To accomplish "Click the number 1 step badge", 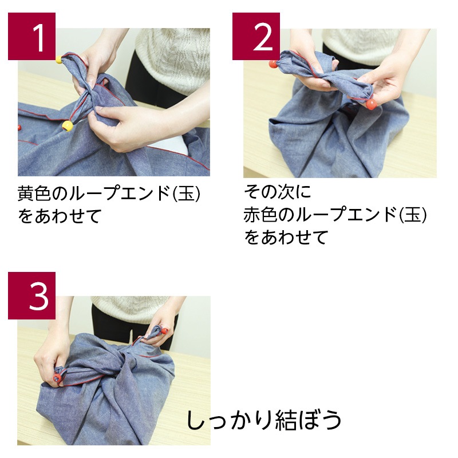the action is pyautogui.click(x=31, y=36).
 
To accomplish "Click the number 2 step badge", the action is pyautogui.click(x=256, y=36).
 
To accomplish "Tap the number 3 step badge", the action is pyautogui.click(x=31, y=295).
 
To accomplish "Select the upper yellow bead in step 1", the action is pyautogui.click(x=59, y=60).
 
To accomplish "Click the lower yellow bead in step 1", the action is pyautogui.click(x=68, y=126).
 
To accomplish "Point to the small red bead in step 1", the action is pyautogui.click(x=19, y=128).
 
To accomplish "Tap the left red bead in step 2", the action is pyautogui.click(x=273, y=64).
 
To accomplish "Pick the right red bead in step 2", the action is pyautogui.click(x=371, y=104).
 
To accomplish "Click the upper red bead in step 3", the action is pyautogui.click(x=164, y=331).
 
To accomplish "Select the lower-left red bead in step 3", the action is pyautogui.click(x=57, y=378).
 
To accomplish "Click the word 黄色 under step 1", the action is pyautogui.click(x=34, y=194).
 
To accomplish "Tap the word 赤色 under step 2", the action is pyautogui.click(x=260, y=215).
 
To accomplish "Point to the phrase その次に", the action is pyautogui.click(x=278, y=192).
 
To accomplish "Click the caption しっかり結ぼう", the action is pyautogui.click(x=264, y=420).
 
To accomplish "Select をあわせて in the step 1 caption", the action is pyautogui.click(x=60, y=216).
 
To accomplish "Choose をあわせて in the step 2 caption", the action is pyautogui.click(x=286, y=237).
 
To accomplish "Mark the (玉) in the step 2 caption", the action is pyautogui.click(x=413, y=215).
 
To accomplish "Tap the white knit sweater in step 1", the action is pyautogui.click(x=172, y=58).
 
